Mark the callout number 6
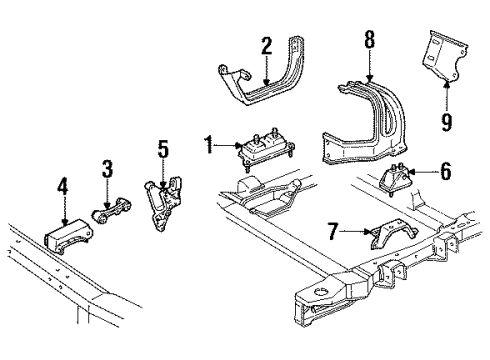[x=445, y=172]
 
